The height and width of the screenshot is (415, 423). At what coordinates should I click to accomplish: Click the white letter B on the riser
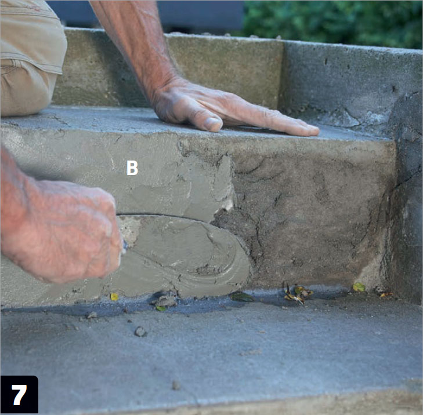pyautogui.click(x=132, y=168)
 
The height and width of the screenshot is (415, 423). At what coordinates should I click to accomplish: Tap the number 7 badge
pyautogui.click(x=19, y=395)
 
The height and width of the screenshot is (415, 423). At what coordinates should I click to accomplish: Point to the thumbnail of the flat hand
pyautogui.click(x=213, y=123)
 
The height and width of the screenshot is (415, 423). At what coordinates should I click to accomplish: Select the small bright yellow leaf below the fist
pyautogui.click(x=114, y=297)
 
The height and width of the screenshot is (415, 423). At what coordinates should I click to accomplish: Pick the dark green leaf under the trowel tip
pyautogui.click(x=241, y=297)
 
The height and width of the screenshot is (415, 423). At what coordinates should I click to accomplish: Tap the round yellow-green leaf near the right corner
pyautogui.click(x=359, y=287)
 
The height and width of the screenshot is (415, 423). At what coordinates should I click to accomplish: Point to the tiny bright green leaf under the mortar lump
pyautogui.click(x=161, y=308)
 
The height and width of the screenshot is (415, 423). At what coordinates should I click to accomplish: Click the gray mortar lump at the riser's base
pyautogui.click(x=164, y=301)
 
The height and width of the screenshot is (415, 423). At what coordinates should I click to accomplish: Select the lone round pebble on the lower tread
pyautogui.click(x=140, y=332)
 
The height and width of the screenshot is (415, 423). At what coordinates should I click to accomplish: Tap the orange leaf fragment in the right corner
pyautogui.click(x=385, y=294)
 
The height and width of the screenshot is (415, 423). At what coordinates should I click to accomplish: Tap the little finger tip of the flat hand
pyautogui.click(x=314, y=131)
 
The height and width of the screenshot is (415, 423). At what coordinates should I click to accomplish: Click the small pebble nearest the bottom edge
pyautogui.click(x=176, y=385)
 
